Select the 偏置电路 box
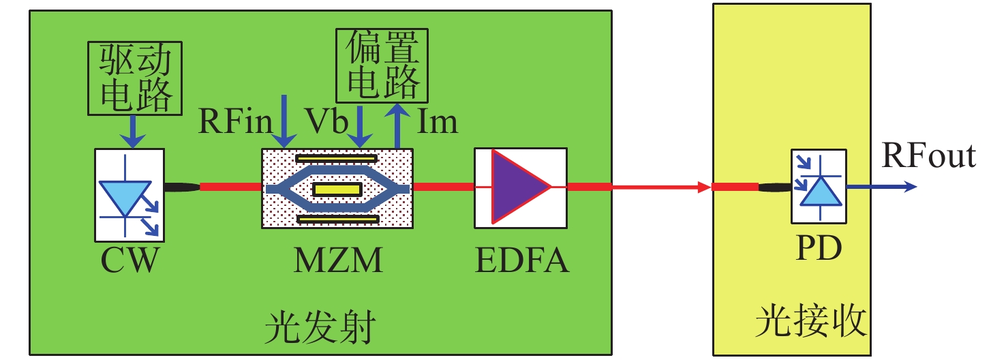[382, 67]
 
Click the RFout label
[929, 156]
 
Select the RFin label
[235, 122]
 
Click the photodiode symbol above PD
[819, 186]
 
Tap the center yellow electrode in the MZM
[336, 190]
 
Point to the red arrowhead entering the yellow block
[703, 187]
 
